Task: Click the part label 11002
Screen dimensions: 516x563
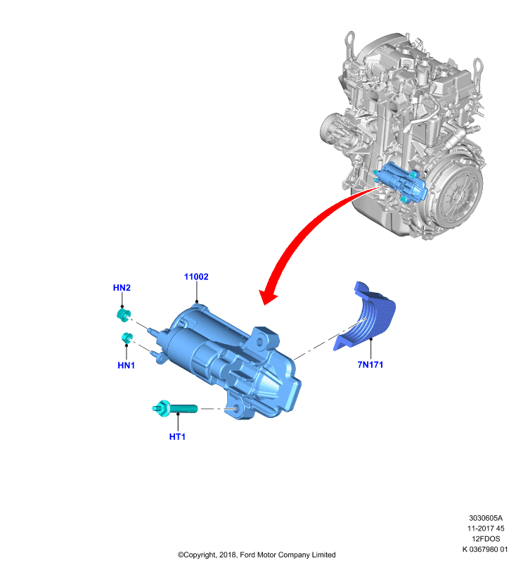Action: [196, 277]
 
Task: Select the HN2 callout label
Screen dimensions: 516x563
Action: [122, 288]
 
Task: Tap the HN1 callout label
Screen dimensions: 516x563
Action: [127, 365]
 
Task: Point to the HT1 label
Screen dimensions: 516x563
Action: [177, 436]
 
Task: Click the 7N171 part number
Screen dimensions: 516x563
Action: [370, 365]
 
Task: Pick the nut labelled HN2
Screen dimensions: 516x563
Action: [124, 314]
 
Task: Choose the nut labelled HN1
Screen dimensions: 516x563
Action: [127, 338]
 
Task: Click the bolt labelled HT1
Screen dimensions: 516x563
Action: [174, 409]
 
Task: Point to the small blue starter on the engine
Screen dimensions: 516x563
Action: [401, 182]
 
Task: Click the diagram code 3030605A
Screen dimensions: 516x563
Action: [486, 518]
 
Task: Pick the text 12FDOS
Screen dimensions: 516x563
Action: [486, 538]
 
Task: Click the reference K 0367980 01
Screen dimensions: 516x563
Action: [485, 549]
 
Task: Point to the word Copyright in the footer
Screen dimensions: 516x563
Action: [198, 555]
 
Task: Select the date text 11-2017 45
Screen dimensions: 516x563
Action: [486, 529]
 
